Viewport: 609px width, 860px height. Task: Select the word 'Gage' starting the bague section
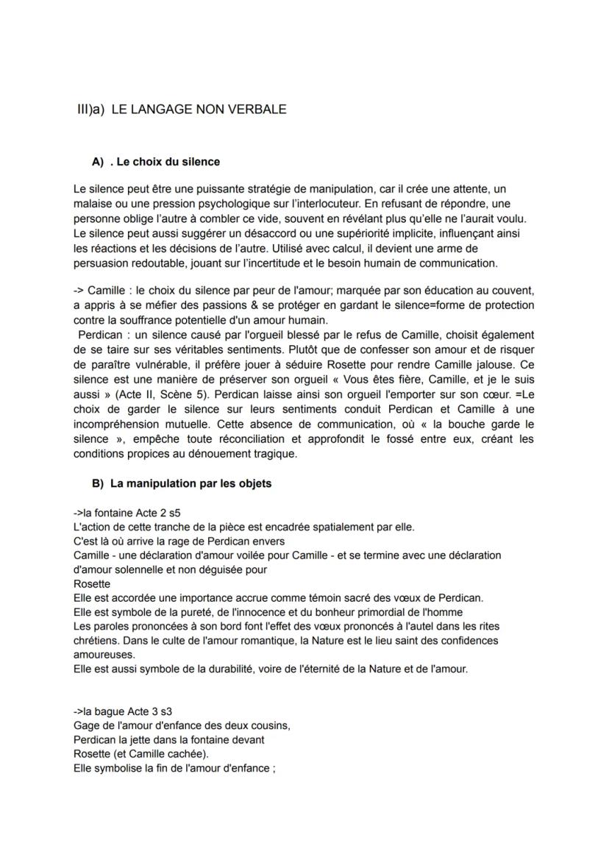point(86,726)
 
